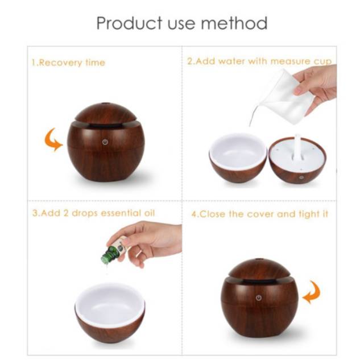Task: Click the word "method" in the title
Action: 234,23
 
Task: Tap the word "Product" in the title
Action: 129,23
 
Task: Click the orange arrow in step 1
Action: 53,140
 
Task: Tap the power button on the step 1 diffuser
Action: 105,142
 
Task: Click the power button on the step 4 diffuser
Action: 259,298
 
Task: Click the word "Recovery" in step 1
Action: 61,63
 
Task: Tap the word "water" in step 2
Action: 231,61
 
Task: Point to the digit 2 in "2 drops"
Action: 66,213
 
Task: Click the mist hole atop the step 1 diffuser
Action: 106,103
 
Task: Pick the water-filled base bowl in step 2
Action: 238,158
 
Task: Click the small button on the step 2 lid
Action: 301,177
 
